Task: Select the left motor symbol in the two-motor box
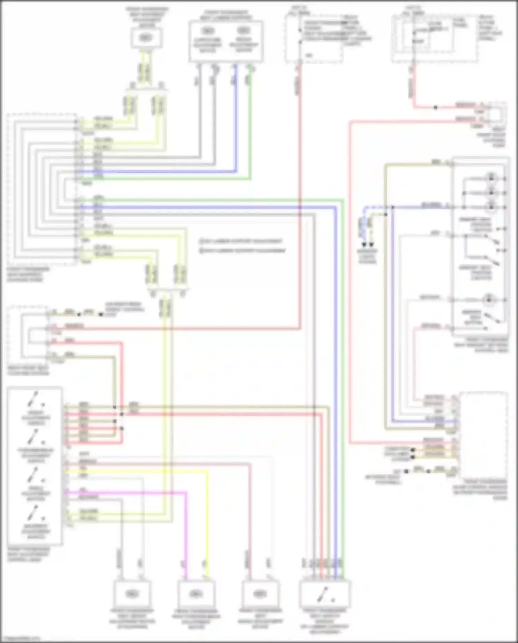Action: click(207, 30)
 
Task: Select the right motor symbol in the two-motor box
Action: click(244, 30)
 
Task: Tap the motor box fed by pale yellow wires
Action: click(146, 38)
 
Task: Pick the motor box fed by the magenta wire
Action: click(196, 594)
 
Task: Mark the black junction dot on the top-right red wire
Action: click(436, 108)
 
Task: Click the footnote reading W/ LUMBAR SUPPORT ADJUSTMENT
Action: click(242, 241)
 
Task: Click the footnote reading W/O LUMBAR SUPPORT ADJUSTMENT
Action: click(243, 250)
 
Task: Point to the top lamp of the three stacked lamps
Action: click(491, 178)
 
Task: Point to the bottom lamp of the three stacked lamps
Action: click(491, 207)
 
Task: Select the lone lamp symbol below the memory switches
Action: click(489, 300)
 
